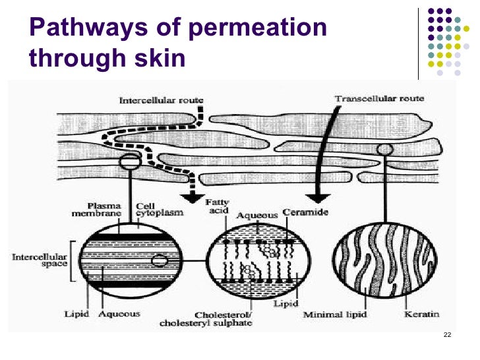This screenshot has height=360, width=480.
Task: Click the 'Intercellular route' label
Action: (x=161, y=101)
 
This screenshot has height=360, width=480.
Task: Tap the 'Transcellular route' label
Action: (x=379, y=99)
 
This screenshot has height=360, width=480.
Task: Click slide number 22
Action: (x=448, y=336)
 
